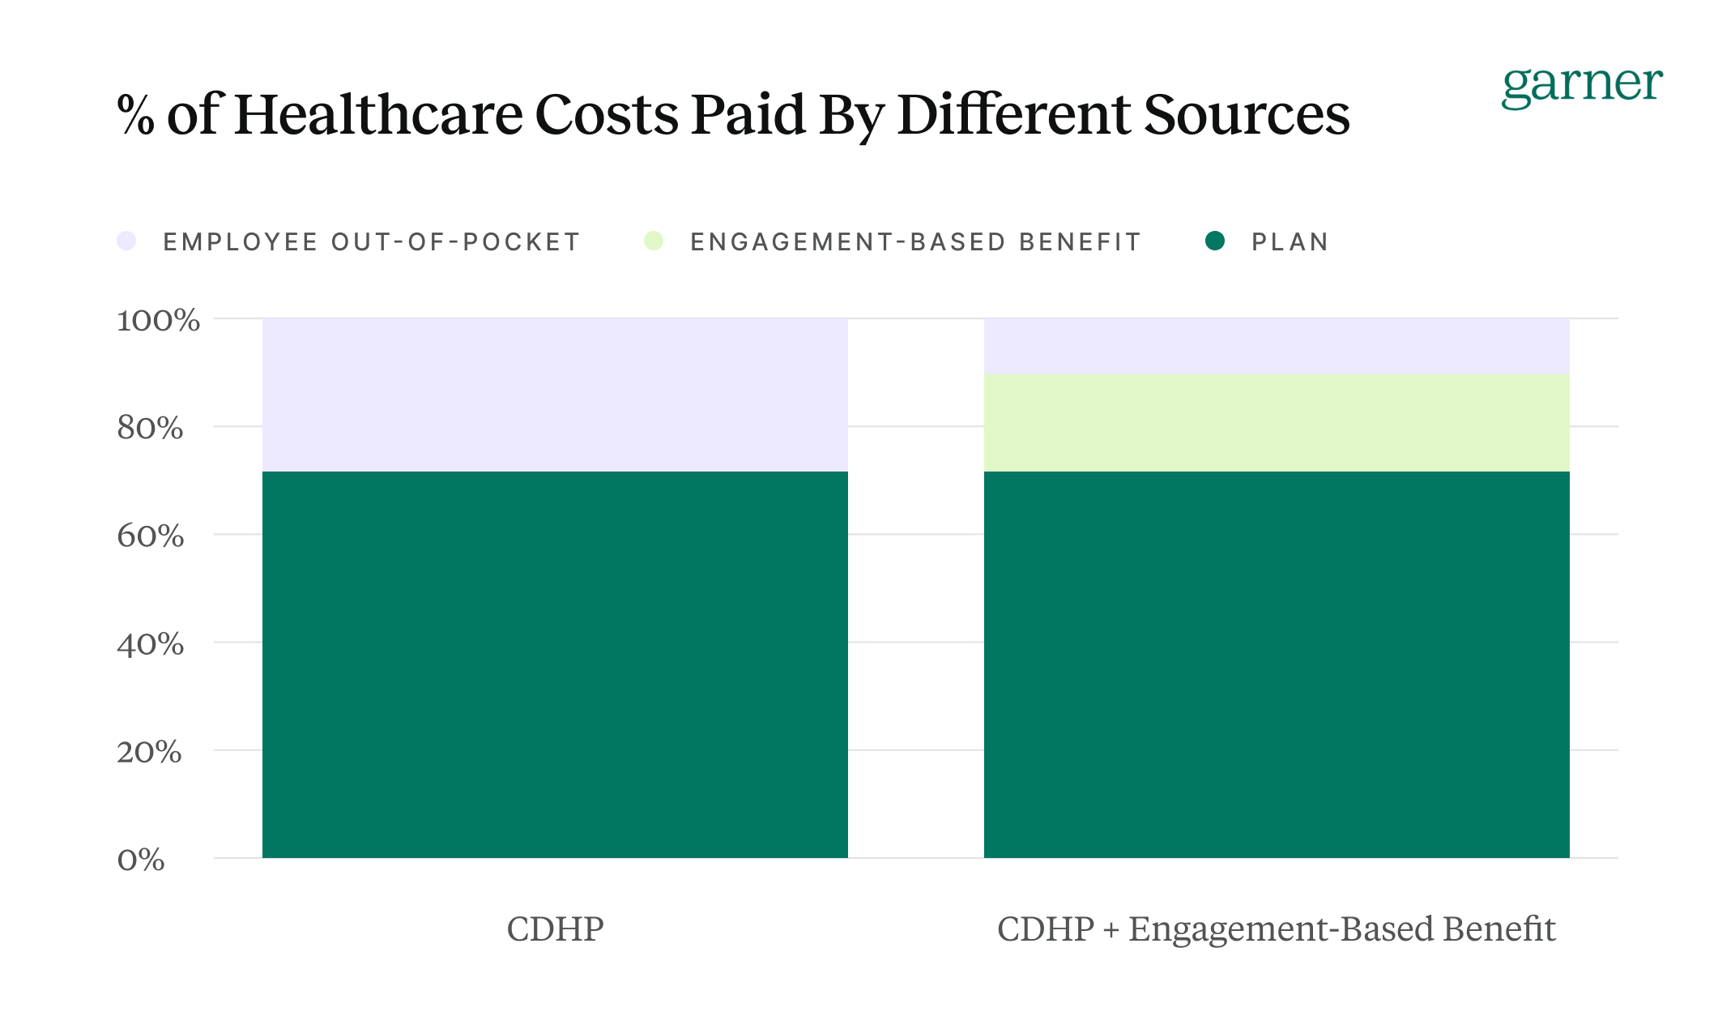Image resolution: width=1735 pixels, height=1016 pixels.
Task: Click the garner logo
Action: point(1581,85)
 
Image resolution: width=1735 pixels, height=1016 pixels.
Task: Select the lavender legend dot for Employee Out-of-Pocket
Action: point(126,241)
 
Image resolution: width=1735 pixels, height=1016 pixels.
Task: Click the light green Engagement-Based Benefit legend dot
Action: point(654,241)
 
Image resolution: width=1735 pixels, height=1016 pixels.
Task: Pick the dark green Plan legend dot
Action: point(1214,241)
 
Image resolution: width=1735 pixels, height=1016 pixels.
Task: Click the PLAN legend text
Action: point(1290,242)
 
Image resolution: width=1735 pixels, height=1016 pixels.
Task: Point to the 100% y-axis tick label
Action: point(158,320)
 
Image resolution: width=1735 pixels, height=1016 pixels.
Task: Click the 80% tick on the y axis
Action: point(150,428)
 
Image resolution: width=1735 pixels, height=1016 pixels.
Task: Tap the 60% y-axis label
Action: point(150,536)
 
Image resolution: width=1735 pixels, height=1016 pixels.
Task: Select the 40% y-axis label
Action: point(150,644)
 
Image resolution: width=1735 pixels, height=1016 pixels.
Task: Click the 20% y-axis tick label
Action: point(149,752)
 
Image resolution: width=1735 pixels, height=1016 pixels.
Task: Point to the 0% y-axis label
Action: point(141,860)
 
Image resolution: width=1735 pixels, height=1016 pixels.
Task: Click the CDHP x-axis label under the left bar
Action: point(555,928)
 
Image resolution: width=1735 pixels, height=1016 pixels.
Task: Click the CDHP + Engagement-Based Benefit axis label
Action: point(1276,928)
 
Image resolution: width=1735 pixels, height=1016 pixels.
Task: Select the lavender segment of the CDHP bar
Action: point(555,395)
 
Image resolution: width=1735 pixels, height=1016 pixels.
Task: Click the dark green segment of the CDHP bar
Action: point(555,664)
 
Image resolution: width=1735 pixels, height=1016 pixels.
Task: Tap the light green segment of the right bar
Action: point(1277,422)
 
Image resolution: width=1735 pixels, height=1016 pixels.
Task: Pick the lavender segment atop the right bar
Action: point(1277,346)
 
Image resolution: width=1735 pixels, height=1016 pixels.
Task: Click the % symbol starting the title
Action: point(135,114)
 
